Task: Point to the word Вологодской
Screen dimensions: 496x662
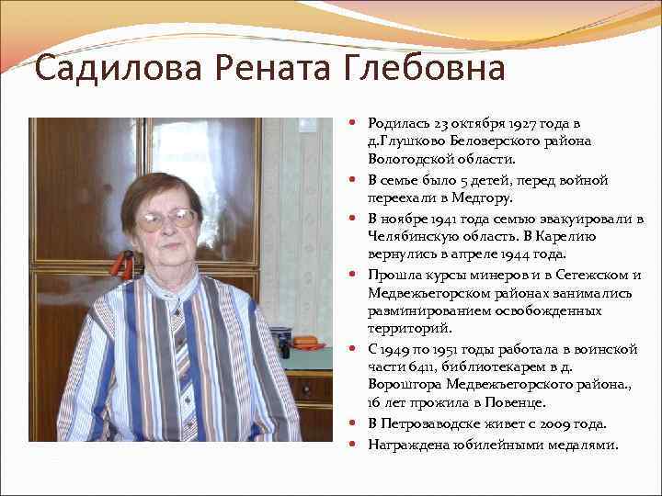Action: point(410,159)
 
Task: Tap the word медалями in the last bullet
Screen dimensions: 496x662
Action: point(586,445)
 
